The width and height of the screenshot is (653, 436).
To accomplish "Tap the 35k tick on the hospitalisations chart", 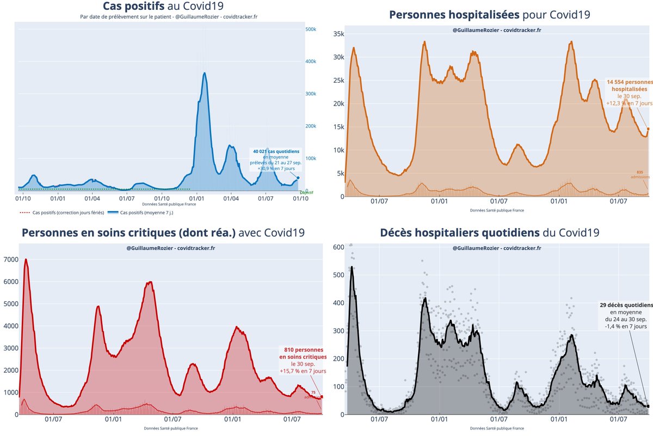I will tap(338, 34).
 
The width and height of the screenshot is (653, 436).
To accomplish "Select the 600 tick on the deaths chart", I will tap(338, 247).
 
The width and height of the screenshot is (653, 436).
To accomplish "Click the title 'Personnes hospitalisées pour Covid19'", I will tap(490, 15).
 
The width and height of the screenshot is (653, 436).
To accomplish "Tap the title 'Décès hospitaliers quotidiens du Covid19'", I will tap(490, 233).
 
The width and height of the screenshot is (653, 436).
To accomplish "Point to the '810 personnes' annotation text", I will tap(304, 349).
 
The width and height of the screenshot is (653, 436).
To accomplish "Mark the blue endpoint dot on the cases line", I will tap(298, 178).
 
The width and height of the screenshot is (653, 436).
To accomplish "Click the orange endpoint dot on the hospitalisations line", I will tap(648, 129).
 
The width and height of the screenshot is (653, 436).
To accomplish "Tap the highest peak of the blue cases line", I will tap(204, 73).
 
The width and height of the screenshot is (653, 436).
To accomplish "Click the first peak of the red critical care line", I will tap(26, 259).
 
